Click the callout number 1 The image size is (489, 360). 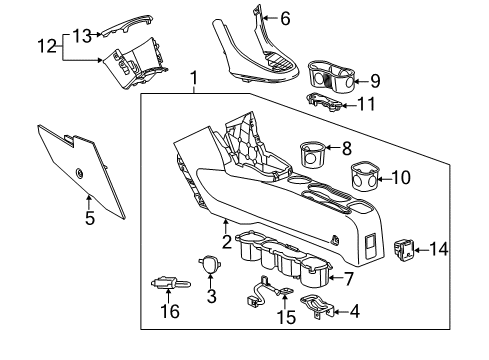tap(194, 76)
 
